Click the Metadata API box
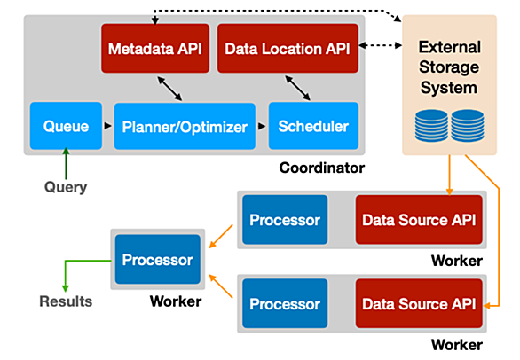point(155,49)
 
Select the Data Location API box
point(288,49)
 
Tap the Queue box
point(66,126)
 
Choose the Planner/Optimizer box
point(185,126)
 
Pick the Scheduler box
point(313,126)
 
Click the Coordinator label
point(322,168)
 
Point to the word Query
point(66,187)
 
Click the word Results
point(66,301)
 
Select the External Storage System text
point(449,67)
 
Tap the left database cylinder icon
point(431,126)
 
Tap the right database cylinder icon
point(468,126)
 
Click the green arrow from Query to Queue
point(66,163)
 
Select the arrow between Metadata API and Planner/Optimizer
point(169,89)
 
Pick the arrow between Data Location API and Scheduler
point(298,88)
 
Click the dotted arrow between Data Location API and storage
point(381,45)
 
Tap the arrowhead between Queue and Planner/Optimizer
point(107,126)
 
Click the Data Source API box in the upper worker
point(419,220)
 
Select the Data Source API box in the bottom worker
point(419,303)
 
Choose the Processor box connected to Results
point(158,260)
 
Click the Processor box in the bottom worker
point(285,303)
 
